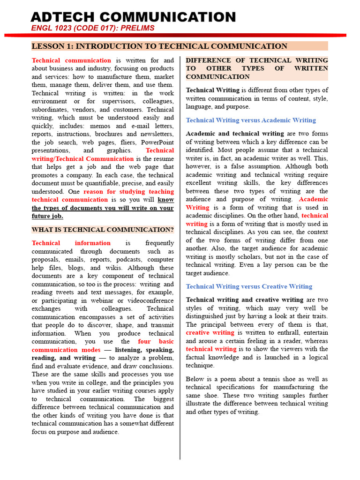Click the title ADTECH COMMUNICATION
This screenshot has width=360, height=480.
click(133, 17)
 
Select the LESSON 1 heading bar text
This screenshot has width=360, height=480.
click(159, 46)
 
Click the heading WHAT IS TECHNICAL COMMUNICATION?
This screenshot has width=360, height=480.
click(103, 230)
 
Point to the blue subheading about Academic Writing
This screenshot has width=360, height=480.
click(251, 120)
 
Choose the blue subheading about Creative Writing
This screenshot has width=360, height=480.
click(249, 286)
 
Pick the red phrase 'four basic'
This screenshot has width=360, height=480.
click(156, 342)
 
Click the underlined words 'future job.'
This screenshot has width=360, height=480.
click(47, 216)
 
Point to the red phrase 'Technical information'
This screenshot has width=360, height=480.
click(71, 243)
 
